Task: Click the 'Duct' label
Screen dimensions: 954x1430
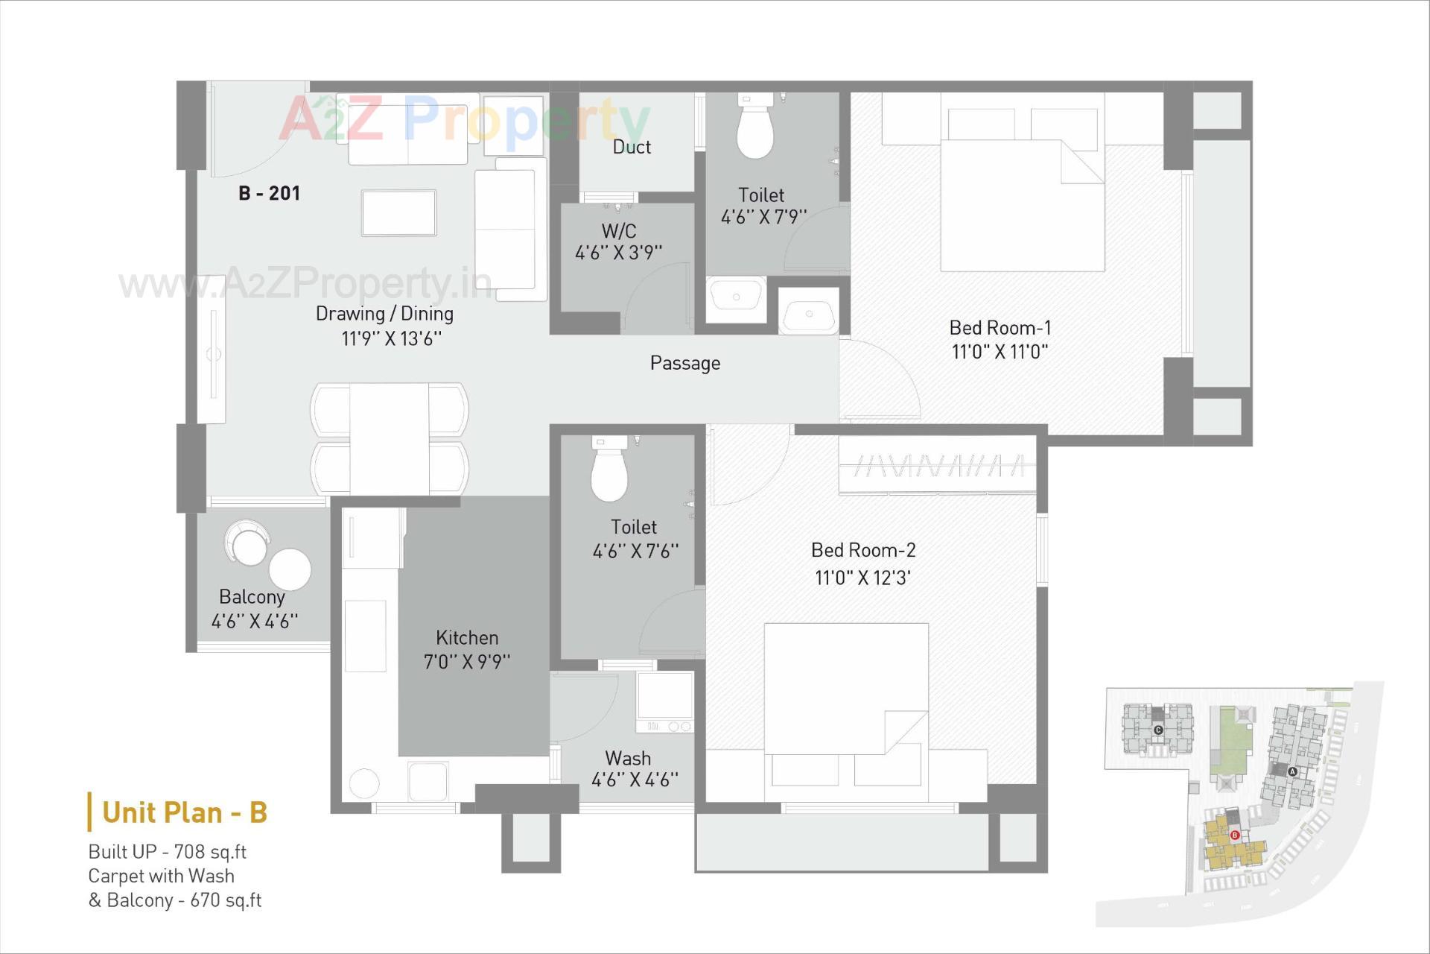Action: click(x=632, y=147)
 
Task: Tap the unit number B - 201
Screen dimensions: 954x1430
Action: click(x=269, y=194)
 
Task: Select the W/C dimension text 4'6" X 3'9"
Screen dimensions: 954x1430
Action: click(x=618, y=253)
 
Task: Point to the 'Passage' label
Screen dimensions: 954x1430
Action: click(x=684, y=363)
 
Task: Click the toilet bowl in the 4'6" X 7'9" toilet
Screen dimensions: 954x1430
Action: click(x=755, y=130)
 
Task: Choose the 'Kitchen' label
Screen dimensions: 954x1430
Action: click(x=467, y=638)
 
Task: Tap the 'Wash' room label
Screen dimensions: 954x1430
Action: click(x=628, y=758)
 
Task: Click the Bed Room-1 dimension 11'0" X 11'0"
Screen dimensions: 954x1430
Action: click(x=1000, y=352)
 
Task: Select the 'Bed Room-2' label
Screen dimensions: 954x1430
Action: click(x=863, y=550)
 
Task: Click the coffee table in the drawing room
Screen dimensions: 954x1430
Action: click(x=398, y=212)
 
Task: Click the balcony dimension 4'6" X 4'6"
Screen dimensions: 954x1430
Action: click(x=255, y=622)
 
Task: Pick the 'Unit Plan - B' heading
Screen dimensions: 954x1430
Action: click(x=184, y=812)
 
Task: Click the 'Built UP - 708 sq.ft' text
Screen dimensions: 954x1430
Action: click(x=167, y=852)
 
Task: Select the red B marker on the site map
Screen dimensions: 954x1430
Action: click(x=1234, y=835)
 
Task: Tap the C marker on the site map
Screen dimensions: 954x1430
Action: click(x=1158, y=730)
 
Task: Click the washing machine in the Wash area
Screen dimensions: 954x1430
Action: click(x=664, y=701)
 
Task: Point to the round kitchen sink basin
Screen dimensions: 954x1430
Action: click(x=364, y=783)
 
